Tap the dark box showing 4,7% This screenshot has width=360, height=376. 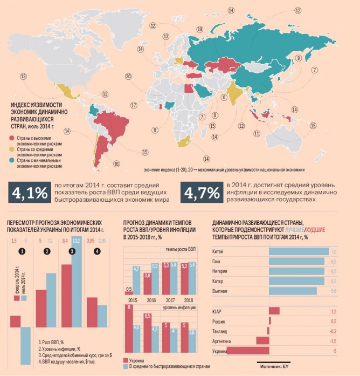[200, 193]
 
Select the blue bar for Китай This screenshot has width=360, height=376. [298, 251]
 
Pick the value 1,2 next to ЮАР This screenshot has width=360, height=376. [333, 311]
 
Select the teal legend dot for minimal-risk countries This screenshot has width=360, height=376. [12, 160]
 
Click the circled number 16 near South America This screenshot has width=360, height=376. [116, 163]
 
